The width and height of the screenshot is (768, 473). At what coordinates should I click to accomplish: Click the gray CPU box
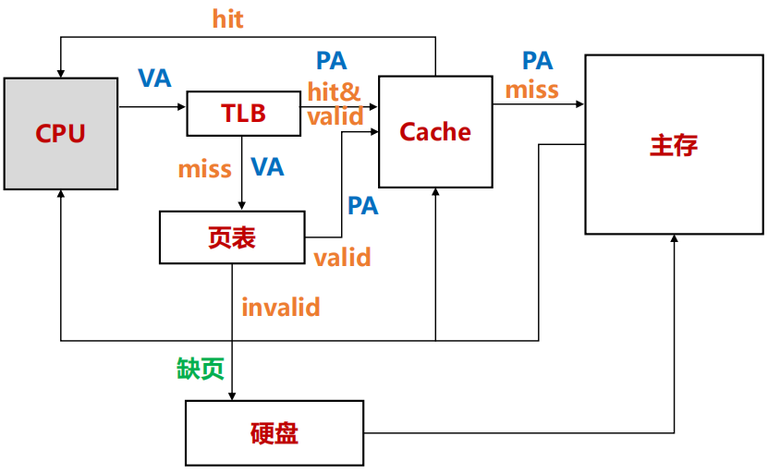pyautogui.click(x=61, y=134)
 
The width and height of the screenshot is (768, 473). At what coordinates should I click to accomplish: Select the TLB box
pyautogui.click(x=242, y=113)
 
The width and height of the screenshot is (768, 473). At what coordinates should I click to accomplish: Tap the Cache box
pyautogui.click(x=434, y=131)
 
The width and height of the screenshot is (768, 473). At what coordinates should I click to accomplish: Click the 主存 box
pyautogui.click(x=674, y=145)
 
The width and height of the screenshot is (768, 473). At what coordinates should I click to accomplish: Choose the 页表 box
pyautogui.click(x=232, y=237)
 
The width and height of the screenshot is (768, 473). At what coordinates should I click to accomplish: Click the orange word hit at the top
pyautogui.click(x=227, y=18)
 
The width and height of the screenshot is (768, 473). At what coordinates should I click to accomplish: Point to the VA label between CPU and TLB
pyautogui.click(x=154, y=79)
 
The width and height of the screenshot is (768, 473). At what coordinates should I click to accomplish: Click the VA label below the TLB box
pyautogui.click(x=267, y=167)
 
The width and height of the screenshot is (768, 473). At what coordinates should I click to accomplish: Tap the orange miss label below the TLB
pyautogui.click(x=204, y=168)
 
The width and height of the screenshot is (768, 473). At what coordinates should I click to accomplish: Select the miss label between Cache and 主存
pyautogui.click(x=531, y=90)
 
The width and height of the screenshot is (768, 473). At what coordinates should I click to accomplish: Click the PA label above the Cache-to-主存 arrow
pyautogui.click(x=537, y=61)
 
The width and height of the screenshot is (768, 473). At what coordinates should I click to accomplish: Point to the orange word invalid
pyautogui.click(x=280, y=306)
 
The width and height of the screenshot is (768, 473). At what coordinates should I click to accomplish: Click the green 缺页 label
pyautogui.click(x=201, y=369)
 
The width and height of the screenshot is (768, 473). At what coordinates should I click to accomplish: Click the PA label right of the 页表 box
pyautogui.click(x=362, y=205)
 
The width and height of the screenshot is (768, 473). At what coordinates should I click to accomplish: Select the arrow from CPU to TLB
pyautogui.click(x=152, y=107)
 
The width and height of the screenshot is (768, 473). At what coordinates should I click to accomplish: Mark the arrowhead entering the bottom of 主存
pyautogui.click(x=675, y=239)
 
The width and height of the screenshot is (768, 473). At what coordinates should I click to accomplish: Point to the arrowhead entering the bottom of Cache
pyautogui.click(x=435, y=192)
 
